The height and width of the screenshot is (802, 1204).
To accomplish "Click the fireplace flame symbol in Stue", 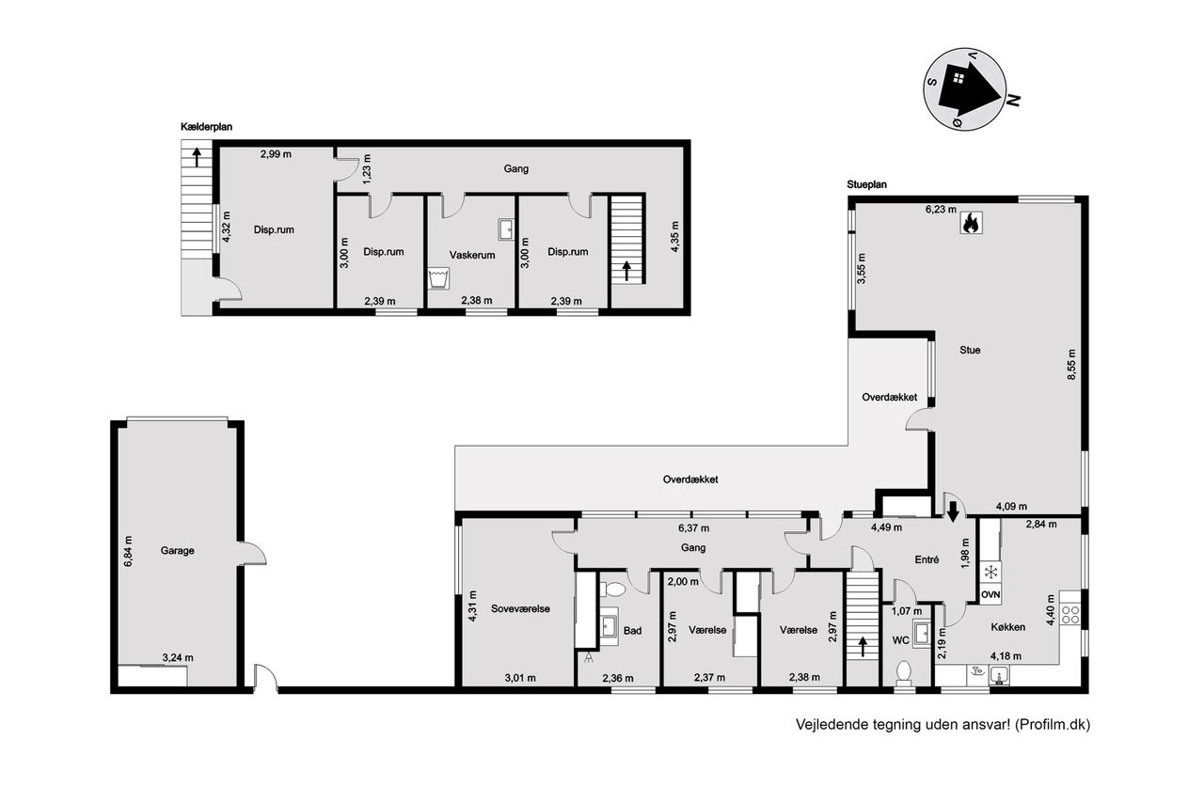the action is click(x=972, y=223).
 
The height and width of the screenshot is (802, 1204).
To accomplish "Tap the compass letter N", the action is click(x=1013, y=101).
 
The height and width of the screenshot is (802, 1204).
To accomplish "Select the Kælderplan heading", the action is click(x=206, y=127).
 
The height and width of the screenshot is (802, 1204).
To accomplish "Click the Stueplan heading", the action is click(x=867, y=184).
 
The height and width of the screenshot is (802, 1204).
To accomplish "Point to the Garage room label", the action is click(x=178, y=551).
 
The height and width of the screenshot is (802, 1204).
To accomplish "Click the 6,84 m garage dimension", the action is click(x=128, y=551).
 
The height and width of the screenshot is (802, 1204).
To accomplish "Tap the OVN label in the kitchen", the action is click(x=990, y=594).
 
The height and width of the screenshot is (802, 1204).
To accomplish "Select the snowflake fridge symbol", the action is click(x=990, y=572).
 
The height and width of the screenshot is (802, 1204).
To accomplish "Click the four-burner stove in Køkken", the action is click(x=1070, y=615).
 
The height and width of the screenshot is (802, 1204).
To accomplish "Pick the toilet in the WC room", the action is click(x=904, y=673).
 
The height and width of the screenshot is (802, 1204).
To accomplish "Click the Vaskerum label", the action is click(x=472, y=255).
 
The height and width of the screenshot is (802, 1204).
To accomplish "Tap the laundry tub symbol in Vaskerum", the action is click(x=438, y=279).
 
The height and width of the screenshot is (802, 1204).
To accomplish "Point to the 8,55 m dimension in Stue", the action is click(x=1071, y=365).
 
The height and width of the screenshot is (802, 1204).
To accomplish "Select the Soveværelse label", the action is click(x=520, y=608).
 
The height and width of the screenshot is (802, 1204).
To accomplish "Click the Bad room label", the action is click(x=633, y=631).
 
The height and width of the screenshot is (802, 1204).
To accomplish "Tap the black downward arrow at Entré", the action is click(x=953, y=511).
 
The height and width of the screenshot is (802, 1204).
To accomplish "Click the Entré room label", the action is click(x=927, y=559).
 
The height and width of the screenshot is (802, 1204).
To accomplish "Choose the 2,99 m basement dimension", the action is click(x=276, y=154).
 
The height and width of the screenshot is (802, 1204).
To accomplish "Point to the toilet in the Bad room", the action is click(x=612, y=590).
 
